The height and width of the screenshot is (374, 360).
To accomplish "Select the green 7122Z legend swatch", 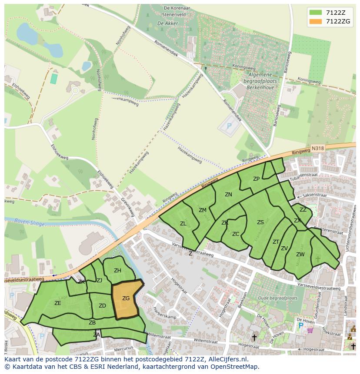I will tap(316, 12).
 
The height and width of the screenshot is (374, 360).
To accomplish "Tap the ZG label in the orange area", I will tap(126, 298).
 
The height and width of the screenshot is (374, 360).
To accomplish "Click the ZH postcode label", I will tap(117, 271).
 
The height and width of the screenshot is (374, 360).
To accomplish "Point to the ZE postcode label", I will tap(57, 303).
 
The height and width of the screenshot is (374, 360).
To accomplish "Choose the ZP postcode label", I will tap(256, 179).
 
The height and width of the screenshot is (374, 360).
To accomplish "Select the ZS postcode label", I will tap(260, 222).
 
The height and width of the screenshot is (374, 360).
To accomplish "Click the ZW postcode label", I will tap(300, 255).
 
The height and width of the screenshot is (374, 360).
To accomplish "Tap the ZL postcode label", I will tap(183, 224).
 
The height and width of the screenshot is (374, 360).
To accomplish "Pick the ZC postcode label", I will tap(235, 234).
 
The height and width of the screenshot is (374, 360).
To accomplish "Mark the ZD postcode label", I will tap(102, 306).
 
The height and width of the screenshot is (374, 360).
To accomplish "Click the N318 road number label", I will tap(318, 149).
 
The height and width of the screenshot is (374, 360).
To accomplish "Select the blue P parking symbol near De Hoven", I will tap(300, 325).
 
